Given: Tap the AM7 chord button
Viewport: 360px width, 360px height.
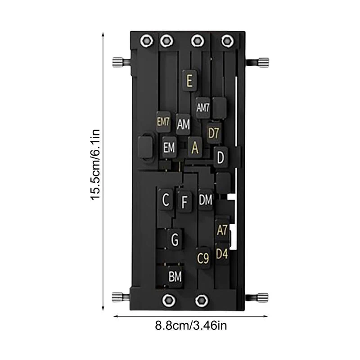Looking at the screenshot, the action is pos(203,108).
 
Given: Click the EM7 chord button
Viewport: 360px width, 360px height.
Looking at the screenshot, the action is pos(163,122).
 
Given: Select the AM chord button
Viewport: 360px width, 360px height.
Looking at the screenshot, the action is pos(183,124).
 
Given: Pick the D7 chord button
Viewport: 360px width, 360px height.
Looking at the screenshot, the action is pos(214,133).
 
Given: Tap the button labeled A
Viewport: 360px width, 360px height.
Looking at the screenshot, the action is pos(195,147).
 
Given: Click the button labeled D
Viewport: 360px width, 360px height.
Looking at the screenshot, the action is pos(220,157).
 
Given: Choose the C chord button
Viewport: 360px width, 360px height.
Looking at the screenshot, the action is pos(166,199).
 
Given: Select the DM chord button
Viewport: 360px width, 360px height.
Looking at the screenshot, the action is pos(206,199).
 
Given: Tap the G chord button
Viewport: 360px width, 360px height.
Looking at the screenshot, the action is pos(175,239).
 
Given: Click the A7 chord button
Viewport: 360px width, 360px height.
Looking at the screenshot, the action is pos(222,230).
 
